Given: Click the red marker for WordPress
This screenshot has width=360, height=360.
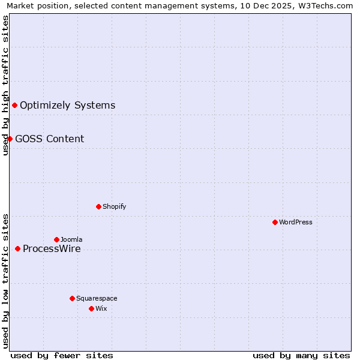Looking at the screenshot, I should [x=275, y=222].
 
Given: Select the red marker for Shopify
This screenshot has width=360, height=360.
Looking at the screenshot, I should [x=99, y=206].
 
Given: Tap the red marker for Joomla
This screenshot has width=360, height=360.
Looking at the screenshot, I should [x=57, y=239].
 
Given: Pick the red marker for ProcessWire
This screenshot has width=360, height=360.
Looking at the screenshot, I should [x=18, y=248].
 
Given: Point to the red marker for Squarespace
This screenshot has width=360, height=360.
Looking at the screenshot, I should [x=73, y=298].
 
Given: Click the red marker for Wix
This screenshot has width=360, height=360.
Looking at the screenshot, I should [x=92, y=308].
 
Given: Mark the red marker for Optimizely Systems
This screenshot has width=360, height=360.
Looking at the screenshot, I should [x=15, y=106].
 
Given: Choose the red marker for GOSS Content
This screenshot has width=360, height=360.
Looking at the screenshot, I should [x=10, y=139].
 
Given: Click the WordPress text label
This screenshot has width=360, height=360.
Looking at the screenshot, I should [x=296, y=222].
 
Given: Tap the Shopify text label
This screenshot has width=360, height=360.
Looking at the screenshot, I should [x=114, y=206].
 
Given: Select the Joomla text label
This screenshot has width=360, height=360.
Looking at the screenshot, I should [x=71, y=239].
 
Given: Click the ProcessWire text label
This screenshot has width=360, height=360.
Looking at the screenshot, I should [x=52, y=249].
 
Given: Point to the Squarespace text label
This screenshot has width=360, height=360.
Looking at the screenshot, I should [x=97, y=298].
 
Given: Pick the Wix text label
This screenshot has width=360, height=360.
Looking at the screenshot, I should [x=101, y=308].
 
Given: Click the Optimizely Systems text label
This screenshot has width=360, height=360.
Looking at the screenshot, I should [x=67, y=106].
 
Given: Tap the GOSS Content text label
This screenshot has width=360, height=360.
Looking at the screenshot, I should [x=49, y=139].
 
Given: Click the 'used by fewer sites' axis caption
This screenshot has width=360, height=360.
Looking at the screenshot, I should [x=62, y=355].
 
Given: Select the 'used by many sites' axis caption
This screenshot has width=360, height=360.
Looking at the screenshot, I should [x=301, y=355].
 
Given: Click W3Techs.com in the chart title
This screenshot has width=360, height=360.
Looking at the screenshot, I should [x=325, y=6].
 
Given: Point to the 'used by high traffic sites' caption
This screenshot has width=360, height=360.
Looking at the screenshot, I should [x=5, y=85].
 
